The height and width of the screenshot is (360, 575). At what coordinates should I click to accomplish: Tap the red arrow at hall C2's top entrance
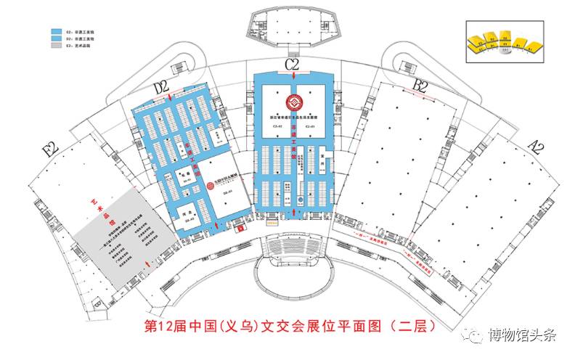coord(292,74)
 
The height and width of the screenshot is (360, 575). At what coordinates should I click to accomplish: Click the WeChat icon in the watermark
coord(474,335)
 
